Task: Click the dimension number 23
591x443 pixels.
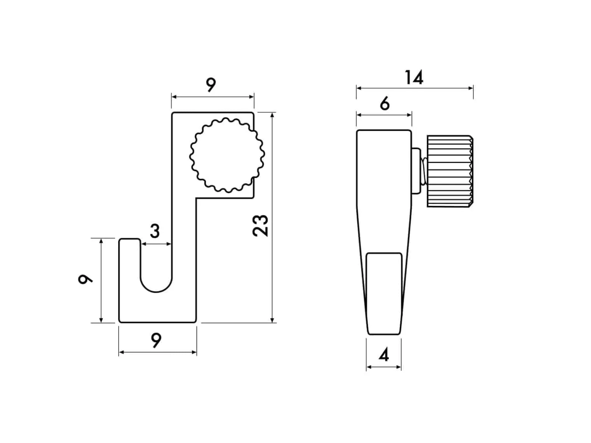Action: pos(260,226)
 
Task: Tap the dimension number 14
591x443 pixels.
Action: pos(414,77)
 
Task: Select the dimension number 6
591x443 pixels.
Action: pos(385,103)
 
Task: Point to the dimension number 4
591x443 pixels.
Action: pos(384,354)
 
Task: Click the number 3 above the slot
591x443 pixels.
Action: pos(155,231)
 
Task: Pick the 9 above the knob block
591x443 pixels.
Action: pos(211,85)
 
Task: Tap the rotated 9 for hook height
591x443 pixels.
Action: pos(85,279)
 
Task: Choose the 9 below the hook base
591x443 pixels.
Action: pos(156,340)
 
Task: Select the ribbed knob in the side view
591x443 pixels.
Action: pos(450,172)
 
